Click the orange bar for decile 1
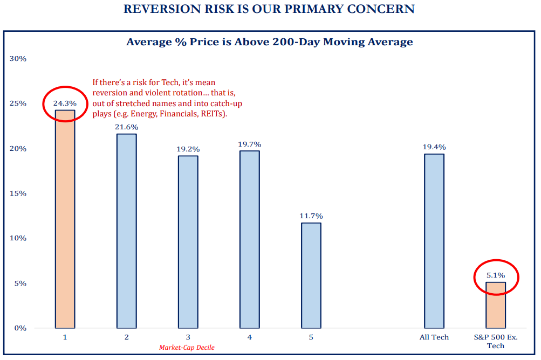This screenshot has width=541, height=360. pos(65,219)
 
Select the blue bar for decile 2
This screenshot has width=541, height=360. pos(126,231)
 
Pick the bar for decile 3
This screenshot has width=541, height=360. pos(188,241)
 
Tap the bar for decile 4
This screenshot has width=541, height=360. pos(249,239)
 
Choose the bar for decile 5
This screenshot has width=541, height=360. pos(311,275)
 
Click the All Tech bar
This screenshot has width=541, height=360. pos(434,240)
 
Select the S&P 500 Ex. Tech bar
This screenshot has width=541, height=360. pos(496,305)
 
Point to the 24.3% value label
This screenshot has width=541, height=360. pos(65,103)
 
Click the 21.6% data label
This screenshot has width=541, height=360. pos(126,127)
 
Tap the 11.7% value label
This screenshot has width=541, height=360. pos(311,216)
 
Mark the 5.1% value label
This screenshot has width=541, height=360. pos(496,275)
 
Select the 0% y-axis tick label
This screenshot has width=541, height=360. pos(20,328)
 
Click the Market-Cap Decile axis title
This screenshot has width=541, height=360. pos(187,348)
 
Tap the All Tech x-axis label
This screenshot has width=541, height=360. pos(434,337)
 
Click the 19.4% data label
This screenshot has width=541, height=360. pos(434,147)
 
